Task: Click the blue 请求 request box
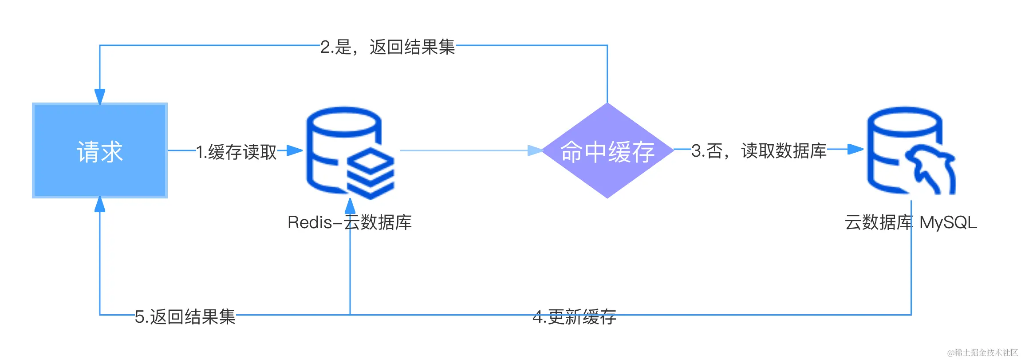tap(100, 150)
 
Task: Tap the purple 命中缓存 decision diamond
tap(607, 150)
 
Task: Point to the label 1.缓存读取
tap(237, 152)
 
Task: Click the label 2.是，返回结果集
tap(388, 47)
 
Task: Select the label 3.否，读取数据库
tap(759, 151)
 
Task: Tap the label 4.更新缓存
tap(574, 317)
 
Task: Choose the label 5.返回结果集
tap(185, 317)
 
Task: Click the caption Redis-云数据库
tap(350, 222)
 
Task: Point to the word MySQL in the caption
tap(948, 222)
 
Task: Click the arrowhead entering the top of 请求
tap(100, 96)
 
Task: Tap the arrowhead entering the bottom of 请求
tap(100, 205)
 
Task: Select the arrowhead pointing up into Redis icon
tap(350, 206)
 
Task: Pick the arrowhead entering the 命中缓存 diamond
tap(535, 150)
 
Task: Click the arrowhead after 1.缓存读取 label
tap(294, 150)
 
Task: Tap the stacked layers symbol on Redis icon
tap(371, 173)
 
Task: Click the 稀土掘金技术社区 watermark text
tap(982, 352)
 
